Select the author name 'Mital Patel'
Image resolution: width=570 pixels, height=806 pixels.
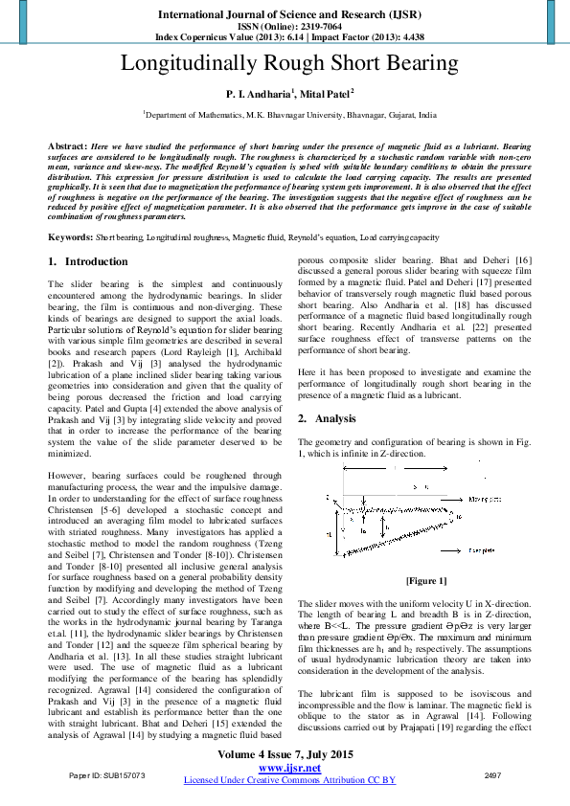[326, 94]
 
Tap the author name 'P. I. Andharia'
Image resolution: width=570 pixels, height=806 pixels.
[259, 94]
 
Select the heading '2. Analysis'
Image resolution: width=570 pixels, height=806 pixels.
[330, 418]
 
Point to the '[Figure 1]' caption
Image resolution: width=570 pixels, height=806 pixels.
[426, 581]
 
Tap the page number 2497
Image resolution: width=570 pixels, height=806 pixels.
[493, 773]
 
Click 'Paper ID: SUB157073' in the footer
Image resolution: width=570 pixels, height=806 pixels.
[105, 773]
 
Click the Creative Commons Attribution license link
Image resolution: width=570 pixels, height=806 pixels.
[289, 780]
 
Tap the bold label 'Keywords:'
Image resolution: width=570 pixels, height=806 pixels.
[70, 235]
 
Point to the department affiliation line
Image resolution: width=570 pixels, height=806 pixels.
[289, 113]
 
